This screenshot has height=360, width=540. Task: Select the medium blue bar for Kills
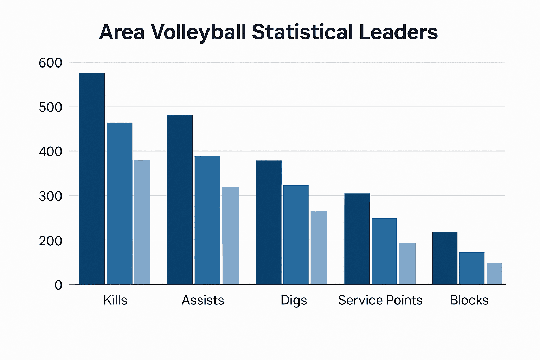[120, 204]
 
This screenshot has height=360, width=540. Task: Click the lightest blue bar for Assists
[230, 236]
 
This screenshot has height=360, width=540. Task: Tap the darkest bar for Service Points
[357, 239]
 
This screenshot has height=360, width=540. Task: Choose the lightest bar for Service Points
[407, 263]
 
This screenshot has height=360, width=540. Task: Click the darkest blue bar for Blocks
[445, 258]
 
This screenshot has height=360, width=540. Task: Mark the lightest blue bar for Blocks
[494, 274]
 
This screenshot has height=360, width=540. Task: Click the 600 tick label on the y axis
[50, 63]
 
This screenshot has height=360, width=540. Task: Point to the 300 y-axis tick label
[50, 196]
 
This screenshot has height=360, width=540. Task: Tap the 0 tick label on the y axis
[58, 285]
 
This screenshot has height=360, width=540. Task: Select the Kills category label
[115, 300]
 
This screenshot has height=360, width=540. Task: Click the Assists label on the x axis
[203, 300]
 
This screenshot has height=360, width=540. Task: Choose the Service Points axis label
[380, 300]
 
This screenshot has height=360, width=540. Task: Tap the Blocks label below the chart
[469, 300]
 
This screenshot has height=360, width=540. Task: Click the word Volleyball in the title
[198, 32]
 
